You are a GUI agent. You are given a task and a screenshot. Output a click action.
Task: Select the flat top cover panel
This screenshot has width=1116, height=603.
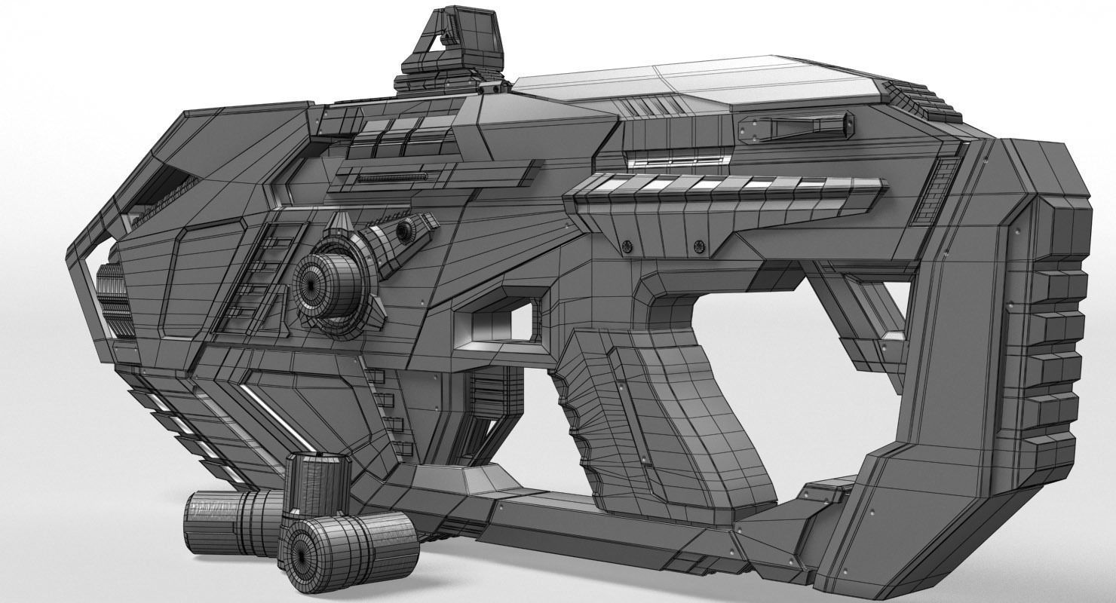click(x=701, y=83)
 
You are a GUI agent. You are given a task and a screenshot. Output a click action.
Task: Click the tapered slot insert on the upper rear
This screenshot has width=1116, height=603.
click(x=796, y=126)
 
